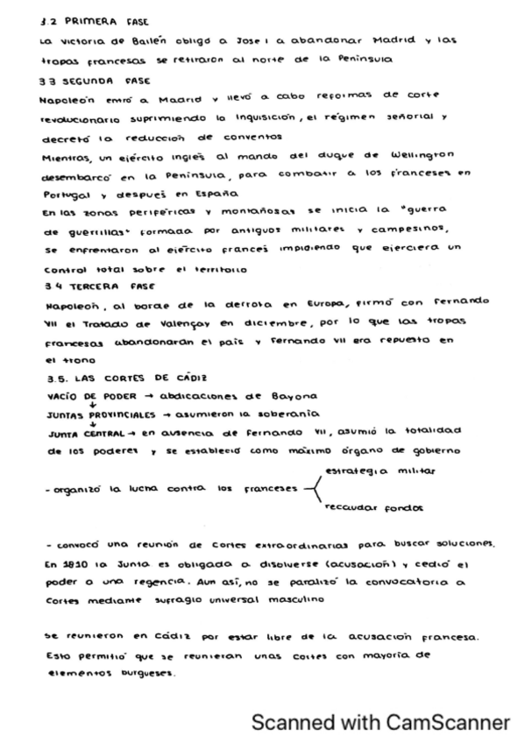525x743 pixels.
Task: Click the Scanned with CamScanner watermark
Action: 380,721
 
